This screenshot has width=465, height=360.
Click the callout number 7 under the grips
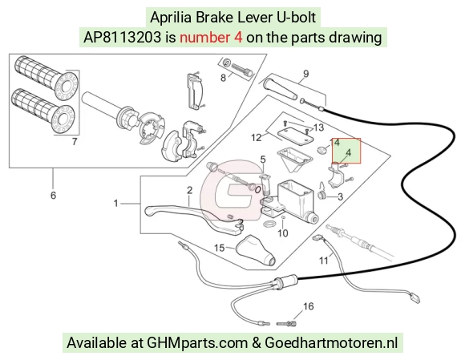pyautogui.click(x=75, y=142)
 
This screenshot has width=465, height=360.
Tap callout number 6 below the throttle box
pyautogui.click(x=53, y=196)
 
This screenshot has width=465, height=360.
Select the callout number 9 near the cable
pyautogui.click(x=305, y=74)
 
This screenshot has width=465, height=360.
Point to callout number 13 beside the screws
pyautogui.click(x=318, y=127)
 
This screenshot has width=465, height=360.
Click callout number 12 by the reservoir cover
pyautogui.click(x=257, y=138)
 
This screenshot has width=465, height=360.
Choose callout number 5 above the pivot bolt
pyautogui.click(x=263, y=160)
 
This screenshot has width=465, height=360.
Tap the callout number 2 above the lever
pyautogui.click(x=189, y=190)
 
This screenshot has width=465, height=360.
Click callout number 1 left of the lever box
pyautogui.click(x=115, y=204)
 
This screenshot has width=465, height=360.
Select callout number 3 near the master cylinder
pyautogui.click(x=340, y=196)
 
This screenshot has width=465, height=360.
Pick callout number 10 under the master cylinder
pyautogui.click(x=283, y=233)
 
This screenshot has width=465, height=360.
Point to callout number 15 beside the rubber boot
pyautogui.click(x=220, y=248)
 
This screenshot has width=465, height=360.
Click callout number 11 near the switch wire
pyautogui.click(x=324, y=261)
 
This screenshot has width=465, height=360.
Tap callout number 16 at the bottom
pyautogui.click(x=309, y=306)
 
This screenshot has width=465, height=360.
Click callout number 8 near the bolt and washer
pyautogui.click(x=223, y=78)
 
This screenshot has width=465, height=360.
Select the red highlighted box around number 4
pyautogui.click(x=346, y=151)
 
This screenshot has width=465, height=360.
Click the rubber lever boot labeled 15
pyautogui.click(x=256, y=250)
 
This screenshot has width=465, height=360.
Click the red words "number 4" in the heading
pyautogui.click(x=211, y=38)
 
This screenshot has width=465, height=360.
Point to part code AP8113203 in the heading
pyautogui.click(x=123, y=38)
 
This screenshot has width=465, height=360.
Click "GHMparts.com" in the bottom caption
pyautogui.click(x=197, y=343)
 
